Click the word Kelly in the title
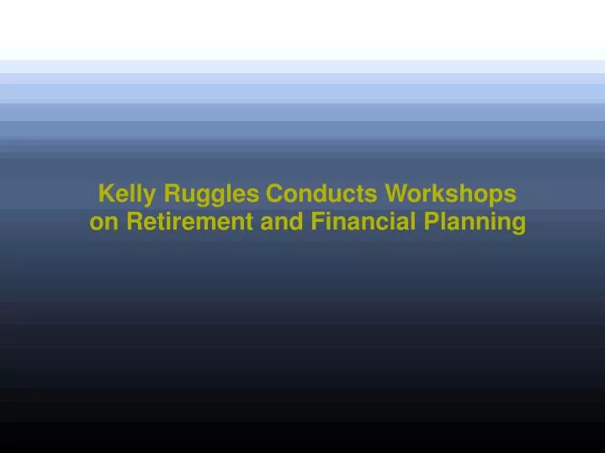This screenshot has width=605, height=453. click(127, 194)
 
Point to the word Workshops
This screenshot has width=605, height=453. click(450, 194)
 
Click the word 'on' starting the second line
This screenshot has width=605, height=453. click(102, 223)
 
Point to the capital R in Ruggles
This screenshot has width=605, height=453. click(171, 194)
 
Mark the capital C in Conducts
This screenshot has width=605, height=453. click(274, 194)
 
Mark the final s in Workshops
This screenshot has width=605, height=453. click(511, 196)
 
